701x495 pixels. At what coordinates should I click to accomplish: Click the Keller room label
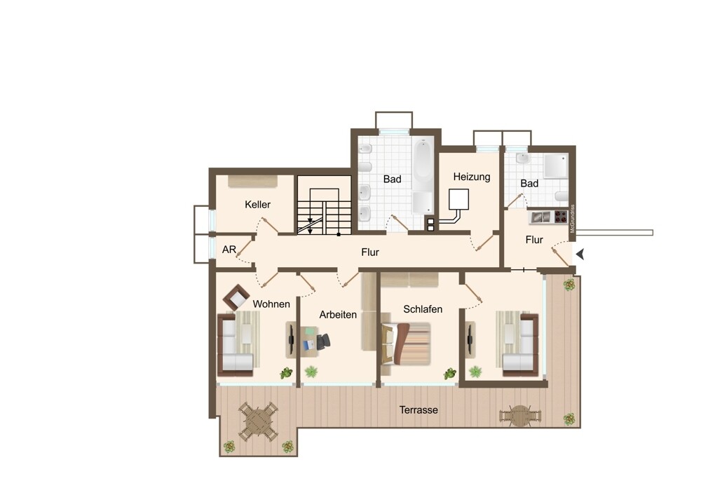point(257,204)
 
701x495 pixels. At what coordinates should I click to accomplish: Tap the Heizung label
point(472,177)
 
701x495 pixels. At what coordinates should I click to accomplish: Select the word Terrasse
point(418,410)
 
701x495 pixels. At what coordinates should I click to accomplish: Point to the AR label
point(229,250)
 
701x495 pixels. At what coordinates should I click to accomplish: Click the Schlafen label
point(423,309)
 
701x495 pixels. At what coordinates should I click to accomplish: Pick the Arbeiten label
point(338,315)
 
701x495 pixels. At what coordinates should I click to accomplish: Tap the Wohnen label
point(271,304)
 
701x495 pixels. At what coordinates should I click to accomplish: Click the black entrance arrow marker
point(580,255)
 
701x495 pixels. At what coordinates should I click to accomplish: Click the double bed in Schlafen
point(406,344)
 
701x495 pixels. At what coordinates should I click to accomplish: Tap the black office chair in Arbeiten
point(324,342)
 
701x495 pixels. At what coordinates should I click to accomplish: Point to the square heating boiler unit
point(458,199)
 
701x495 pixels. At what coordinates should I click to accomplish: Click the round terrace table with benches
point(520,416)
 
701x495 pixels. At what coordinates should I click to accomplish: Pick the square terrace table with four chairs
point(258,421)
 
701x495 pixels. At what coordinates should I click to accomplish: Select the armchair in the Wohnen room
point(236,297)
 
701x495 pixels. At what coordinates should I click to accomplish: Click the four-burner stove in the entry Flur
point(561,217)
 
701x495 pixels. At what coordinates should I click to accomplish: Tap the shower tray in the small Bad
point(556,166)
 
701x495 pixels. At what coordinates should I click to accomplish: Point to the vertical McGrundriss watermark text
point(572,219)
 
